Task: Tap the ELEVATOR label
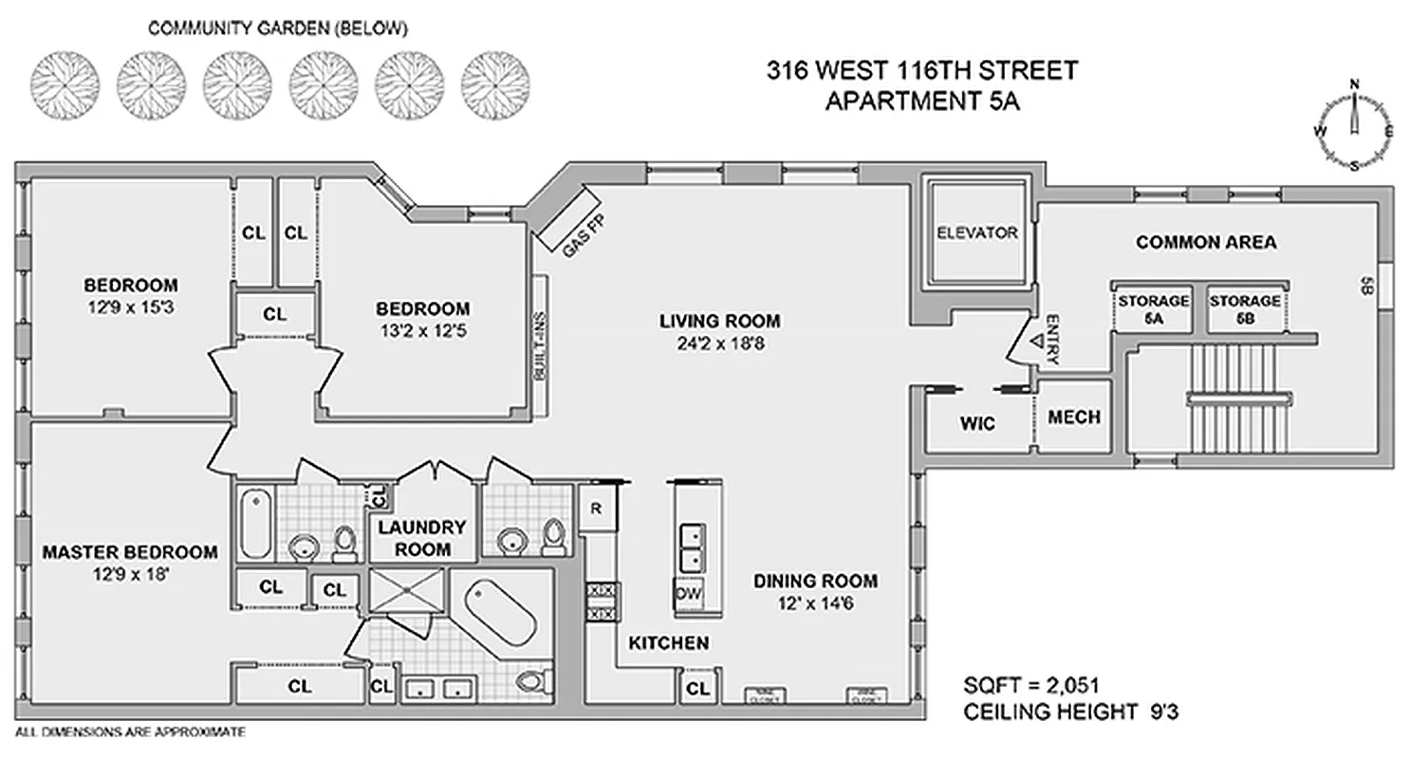(976, 232)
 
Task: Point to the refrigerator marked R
(597, 508)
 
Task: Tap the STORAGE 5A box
(1153, 309)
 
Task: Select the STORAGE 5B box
(1245, 309)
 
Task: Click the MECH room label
(1074, 417)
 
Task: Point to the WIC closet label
(977, 424)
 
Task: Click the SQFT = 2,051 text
(1031, 686)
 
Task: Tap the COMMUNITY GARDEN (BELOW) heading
(278, 29)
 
